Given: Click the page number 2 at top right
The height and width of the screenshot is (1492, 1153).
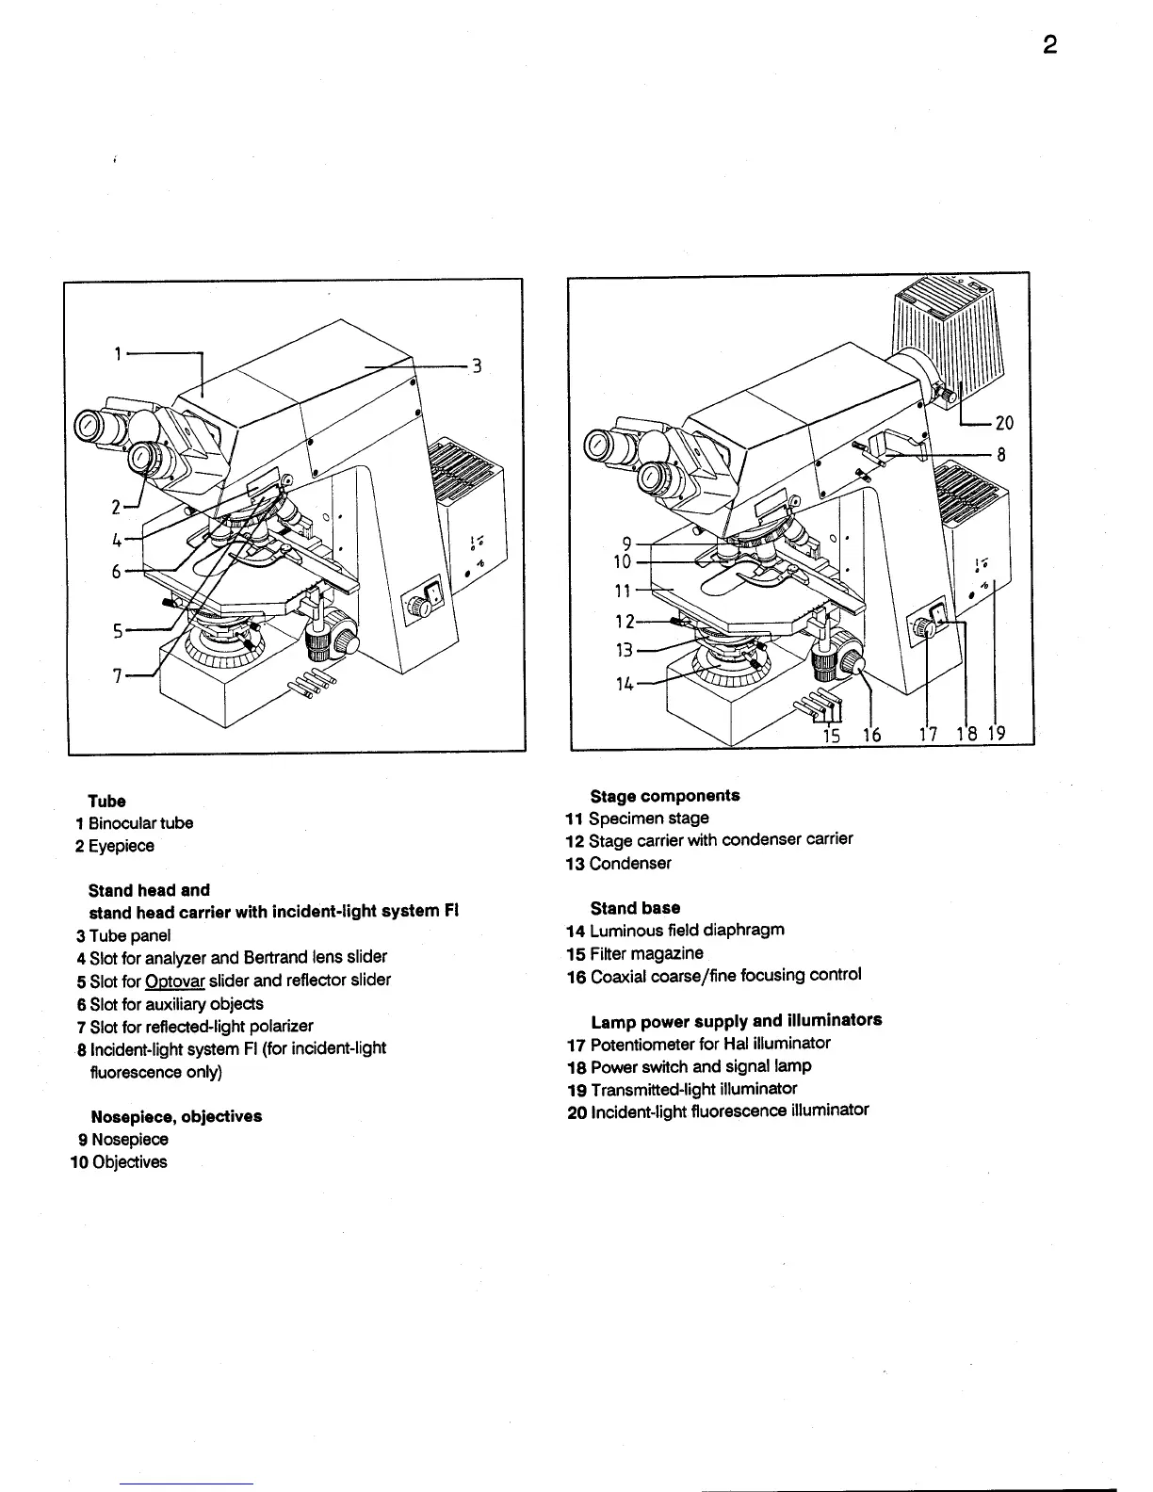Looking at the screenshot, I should pyautogui.click(x=1049, y=45).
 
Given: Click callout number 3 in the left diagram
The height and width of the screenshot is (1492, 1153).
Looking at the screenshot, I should pyautogui.click(x=478, y=365).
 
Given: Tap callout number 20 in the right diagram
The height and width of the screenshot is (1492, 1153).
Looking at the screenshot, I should pyautogui.click(x=1004, y=424).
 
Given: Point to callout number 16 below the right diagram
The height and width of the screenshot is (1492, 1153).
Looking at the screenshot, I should pyautogui.click(x=872, y=735).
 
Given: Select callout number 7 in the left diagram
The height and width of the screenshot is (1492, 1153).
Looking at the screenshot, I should pyautogui.click(x=118, y=675).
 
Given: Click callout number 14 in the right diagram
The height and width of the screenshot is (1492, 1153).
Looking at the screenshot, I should pyautogui.click(x=625, y=684).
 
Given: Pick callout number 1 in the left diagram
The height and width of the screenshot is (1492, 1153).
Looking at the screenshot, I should pyautogui.click(x=118, y=354).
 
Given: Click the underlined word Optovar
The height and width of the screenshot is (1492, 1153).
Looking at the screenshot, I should pyautogui.click(x=175, y=981).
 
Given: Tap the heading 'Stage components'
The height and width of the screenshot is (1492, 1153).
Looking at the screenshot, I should pyautogui.click(x=665, y=796).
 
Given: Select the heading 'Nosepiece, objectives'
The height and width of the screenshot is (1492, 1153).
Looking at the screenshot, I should pyautogui.click(x=176, y=1117).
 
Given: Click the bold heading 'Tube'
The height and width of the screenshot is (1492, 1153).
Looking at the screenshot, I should pyautogui.click(x=106, y=802).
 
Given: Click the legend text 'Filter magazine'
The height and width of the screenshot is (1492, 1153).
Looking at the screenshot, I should pyautogui.click(x=646, y=953).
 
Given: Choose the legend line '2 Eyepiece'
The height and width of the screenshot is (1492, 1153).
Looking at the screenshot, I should pyautogui.click(x=115, y=846).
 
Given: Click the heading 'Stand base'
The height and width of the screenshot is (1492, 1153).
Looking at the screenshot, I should pyautogui.click(x=635, y=908).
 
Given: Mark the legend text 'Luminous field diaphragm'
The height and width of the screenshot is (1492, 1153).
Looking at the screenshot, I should pyautogui.click(x=687, y=931).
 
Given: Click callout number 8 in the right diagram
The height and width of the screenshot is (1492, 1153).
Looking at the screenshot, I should pyautogui.click(x=1001, y=454).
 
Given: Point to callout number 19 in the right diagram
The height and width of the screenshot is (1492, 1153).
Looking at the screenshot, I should pyautogui.click(x=997, y=735).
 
